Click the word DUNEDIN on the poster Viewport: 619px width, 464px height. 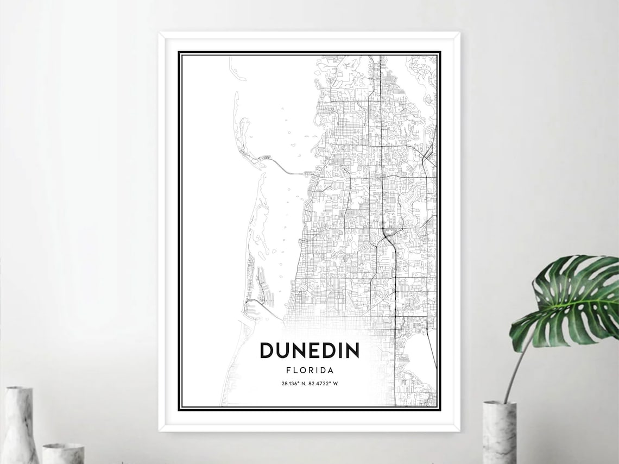click(x=309, y=350)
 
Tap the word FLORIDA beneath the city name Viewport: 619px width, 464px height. click(x=309, y=371)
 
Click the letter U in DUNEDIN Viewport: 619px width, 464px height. click(x=283, y=350)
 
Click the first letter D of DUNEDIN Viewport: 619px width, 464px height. click(x=267, y=350)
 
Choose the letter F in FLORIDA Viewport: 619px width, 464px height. click(x=288, y=371)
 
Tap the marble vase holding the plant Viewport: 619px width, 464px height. click(x=499, y=432)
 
